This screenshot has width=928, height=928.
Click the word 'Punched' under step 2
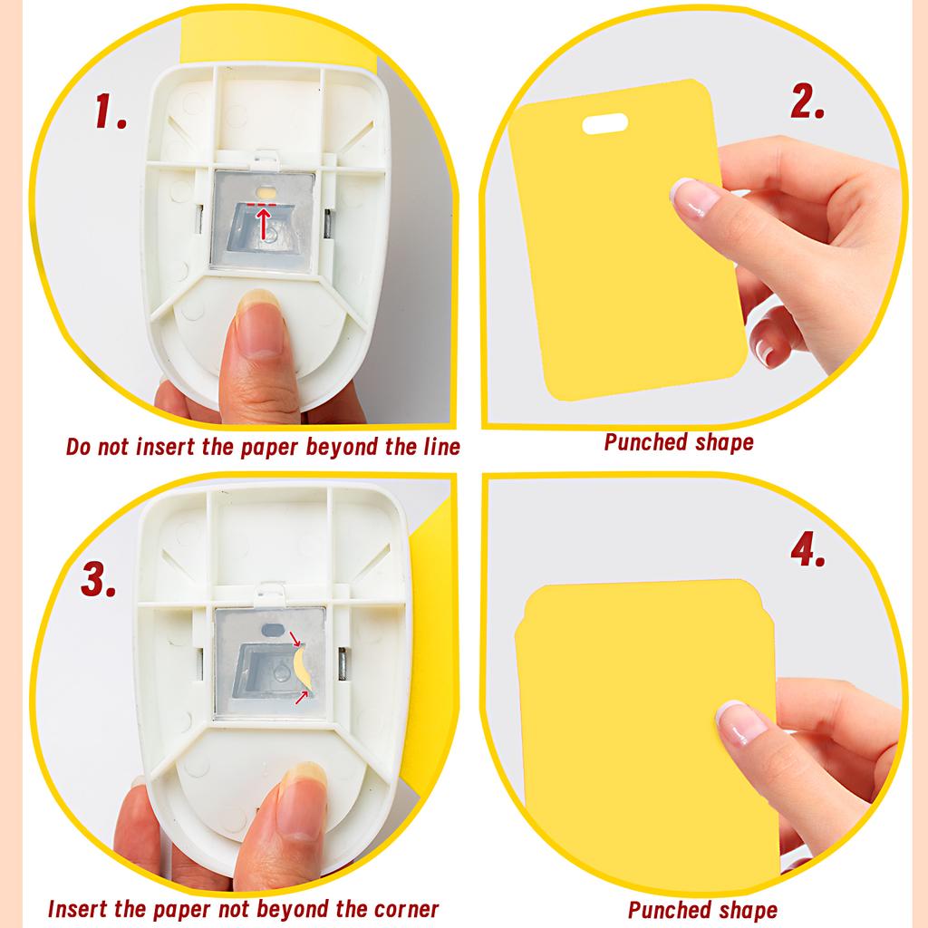641,443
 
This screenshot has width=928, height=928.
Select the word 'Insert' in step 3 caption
79,909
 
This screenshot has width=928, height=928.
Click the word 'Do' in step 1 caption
79,447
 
